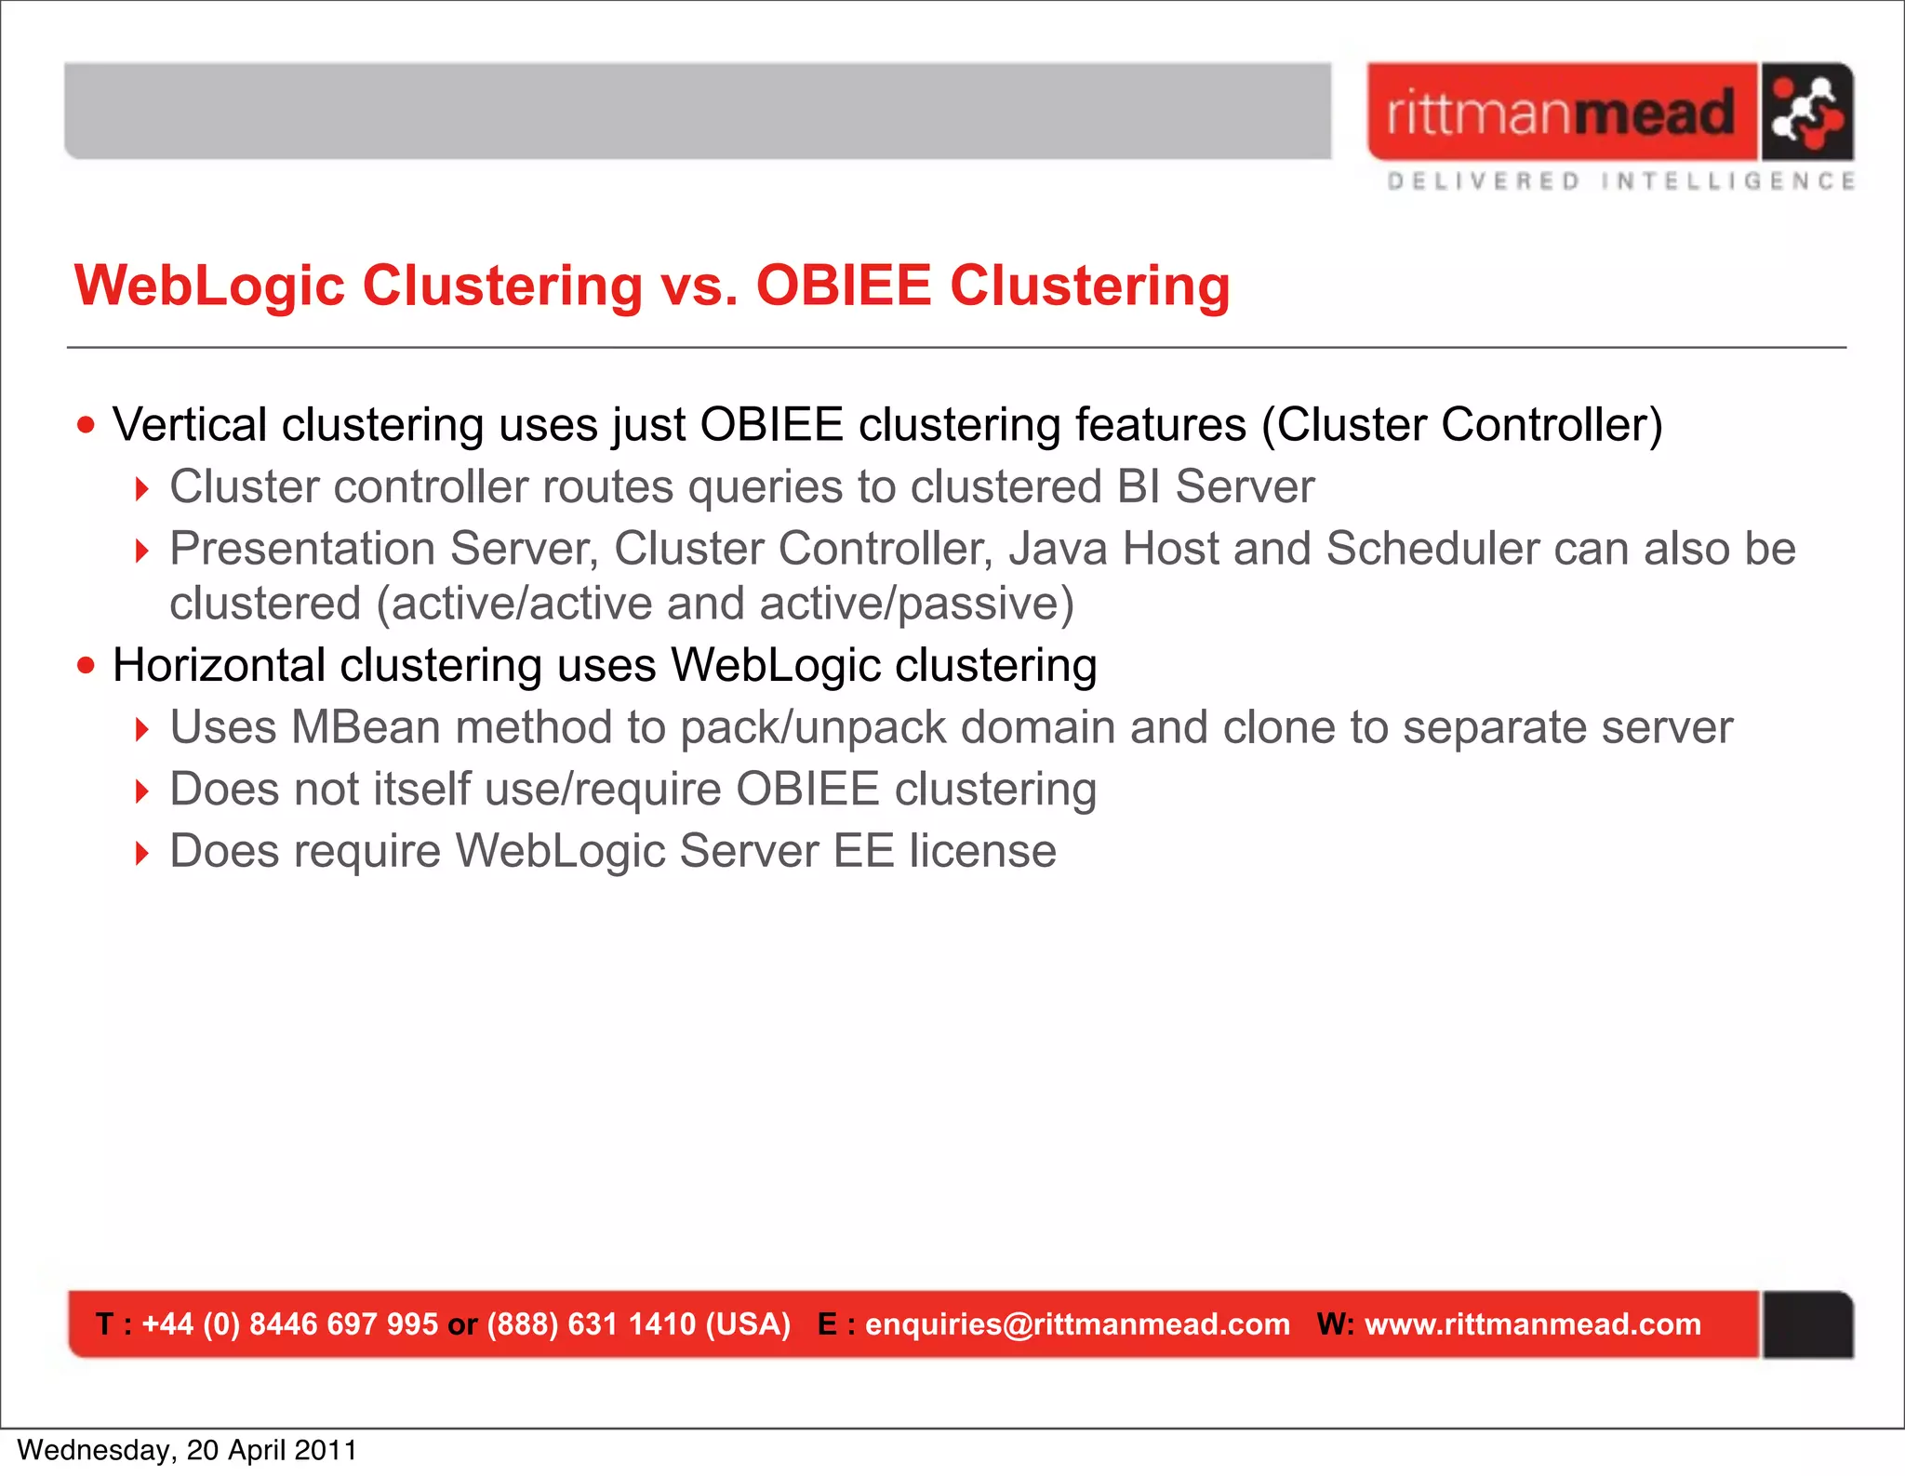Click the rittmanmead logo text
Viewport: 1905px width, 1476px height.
1561,113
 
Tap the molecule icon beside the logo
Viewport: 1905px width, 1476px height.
1805,113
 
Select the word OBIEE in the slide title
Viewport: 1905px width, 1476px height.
844,285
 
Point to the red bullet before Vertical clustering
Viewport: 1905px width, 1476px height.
87,426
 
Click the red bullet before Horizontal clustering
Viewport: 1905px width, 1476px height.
87,666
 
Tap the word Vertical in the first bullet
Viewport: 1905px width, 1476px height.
190,425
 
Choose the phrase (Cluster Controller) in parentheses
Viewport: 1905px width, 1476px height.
1461,425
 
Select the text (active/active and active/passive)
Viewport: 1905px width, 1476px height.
726,604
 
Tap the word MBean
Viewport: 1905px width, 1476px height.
366,727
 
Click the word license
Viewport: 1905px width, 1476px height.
982,851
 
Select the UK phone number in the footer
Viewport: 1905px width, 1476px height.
289,1324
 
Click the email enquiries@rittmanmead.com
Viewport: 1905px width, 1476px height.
1077,1324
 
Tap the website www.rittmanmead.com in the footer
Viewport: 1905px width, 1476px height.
1532,1324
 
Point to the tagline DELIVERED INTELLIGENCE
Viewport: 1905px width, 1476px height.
1620,181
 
